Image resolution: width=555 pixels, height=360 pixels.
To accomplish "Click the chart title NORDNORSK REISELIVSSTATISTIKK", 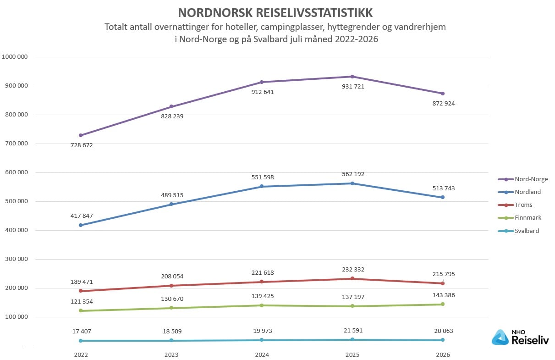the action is point(275,13).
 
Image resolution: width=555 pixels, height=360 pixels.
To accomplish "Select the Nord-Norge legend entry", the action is point(523,179).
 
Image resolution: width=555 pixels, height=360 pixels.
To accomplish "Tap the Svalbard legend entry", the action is point(518,231).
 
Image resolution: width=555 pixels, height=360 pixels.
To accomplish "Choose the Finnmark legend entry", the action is point(520,218).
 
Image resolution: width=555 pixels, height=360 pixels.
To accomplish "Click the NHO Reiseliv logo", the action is point(520,337).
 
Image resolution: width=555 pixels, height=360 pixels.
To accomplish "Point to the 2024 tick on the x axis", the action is point(262,355).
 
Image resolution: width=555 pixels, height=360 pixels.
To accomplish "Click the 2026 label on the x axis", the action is point(443,355).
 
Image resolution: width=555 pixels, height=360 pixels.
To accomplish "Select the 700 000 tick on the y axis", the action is point(16,143).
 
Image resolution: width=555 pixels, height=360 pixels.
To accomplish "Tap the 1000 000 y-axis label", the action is point(15,57).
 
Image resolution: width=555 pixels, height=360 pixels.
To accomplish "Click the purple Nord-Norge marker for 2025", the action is point(352,77).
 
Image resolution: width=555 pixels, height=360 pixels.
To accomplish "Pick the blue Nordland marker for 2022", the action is point(81,225).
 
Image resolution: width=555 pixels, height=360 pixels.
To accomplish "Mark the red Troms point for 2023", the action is point(171,286).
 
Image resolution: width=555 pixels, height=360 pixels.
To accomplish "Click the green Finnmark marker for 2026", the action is point(443,304).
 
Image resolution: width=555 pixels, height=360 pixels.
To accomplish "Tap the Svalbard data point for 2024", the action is point(262,340).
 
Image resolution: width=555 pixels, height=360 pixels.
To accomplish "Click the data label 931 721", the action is point(353,87).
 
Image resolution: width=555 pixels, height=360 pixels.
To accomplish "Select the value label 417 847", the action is point(82,216).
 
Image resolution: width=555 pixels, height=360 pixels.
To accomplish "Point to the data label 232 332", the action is point(353,270).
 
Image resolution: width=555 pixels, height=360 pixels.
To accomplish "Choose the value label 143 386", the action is point(444,295).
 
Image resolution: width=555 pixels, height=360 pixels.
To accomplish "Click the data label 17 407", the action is point(82,332).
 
